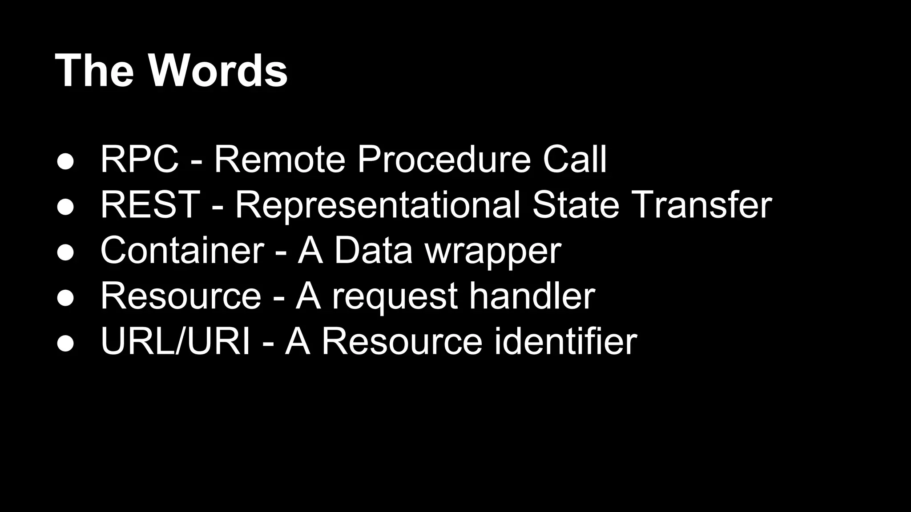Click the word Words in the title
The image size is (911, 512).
pyautogui.click(x=218, y=71)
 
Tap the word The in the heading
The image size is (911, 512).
pyautogui.click(x=94, y=71)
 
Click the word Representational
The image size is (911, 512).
pyautogui.click(x=377, y=205)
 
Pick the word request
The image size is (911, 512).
pyautogui.click(x=395, y=297)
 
